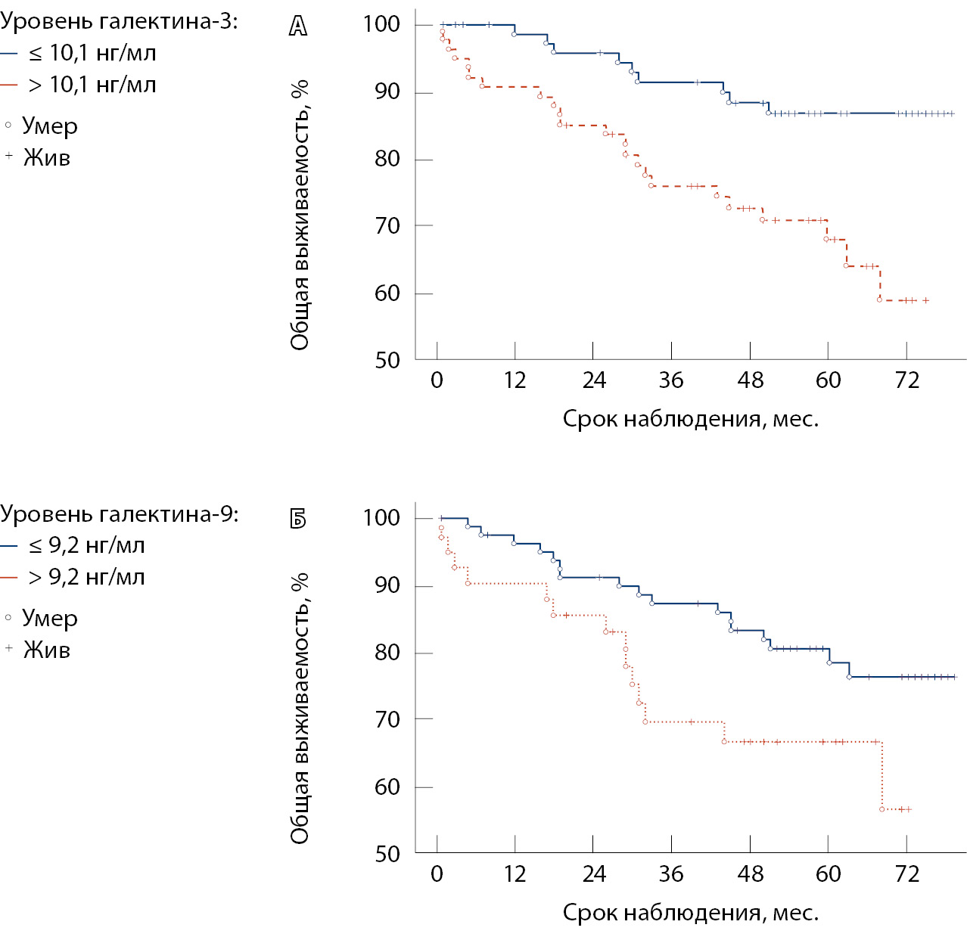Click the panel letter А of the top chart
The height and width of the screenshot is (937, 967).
click(298, 26)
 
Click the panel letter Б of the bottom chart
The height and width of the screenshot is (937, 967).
click(298, 519)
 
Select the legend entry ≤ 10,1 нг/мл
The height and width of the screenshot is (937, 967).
click(92, 53)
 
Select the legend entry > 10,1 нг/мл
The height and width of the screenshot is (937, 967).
click(92, 85)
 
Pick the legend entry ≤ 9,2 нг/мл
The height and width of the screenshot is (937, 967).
click(86, 545)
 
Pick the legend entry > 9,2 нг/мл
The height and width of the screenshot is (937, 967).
click(86, 577)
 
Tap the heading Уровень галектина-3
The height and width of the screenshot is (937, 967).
click(119, 21)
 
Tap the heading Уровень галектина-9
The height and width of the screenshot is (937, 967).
click(119, 514)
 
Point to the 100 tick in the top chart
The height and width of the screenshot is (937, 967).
click(381, 24)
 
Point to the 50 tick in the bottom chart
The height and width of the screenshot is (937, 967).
click(387, 854)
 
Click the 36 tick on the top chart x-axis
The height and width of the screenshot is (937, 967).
click(671, 380)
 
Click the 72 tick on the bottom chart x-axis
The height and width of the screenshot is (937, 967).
click(906, 873)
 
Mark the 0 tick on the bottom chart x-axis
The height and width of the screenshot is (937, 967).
click(437, 873)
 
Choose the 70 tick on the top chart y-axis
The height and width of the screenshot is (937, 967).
click(387, 225)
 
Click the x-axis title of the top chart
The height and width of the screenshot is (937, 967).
click(690, 419)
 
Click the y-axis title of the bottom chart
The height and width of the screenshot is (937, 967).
click(300, 708)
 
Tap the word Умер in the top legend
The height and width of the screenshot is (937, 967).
click(49, 126)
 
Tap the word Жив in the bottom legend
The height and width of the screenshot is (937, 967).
click(46, 650)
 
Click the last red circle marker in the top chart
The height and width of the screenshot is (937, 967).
click(879, 299)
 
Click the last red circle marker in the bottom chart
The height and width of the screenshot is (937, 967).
click(882, 809)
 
